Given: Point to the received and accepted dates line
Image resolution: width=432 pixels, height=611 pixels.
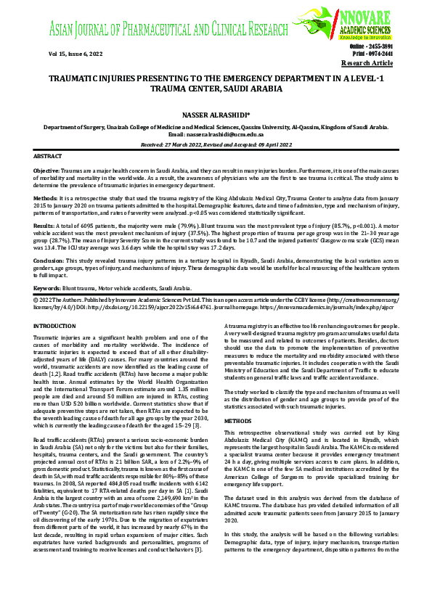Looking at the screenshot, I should [x=216, y=144].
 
